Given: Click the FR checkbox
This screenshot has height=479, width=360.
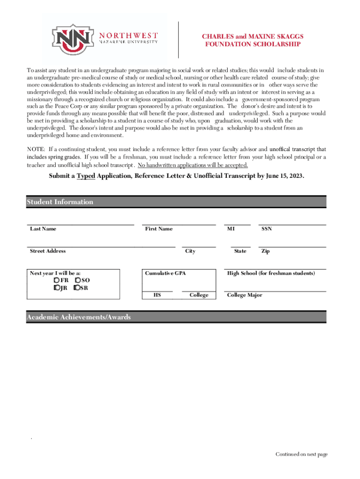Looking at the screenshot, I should pos(57,280).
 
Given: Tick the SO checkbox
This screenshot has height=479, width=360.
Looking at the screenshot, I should pos(78,280).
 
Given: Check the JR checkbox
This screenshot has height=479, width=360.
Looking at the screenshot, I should pos(57,288).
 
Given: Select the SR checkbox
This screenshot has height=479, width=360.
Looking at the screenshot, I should pos(77,288).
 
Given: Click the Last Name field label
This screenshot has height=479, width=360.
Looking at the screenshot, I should pos(43,229).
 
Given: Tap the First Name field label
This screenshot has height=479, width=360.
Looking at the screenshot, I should pos(158,229).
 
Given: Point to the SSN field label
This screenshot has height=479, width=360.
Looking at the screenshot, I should pos(266,229).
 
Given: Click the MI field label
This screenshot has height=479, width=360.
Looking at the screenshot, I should pos(231,229).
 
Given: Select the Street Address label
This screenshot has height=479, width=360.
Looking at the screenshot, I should pos(48,251).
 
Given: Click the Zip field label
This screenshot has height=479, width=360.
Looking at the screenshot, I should pos(265,251).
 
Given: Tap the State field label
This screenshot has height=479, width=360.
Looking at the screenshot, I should pos(240,251).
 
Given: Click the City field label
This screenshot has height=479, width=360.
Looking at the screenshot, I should pos(190,251).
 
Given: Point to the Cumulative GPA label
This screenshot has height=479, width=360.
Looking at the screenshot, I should pos(165,273).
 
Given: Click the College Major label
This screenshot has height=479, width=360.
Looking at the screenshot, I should pos(245,295).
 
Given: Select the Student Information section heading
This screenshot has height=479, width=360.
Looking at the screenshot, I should pos(60,202).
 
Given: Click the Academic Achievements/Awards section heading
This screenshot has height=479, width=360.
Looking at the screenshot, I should pos(79,317).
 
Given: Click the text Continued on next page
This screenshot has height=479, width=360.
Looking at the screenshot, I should pos(302,454).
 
